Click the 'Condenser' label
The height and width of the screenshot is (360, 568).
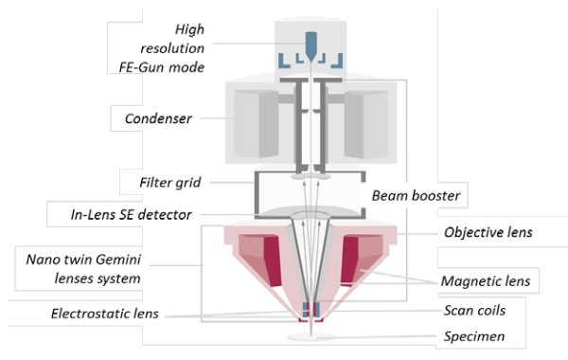pos(158,119)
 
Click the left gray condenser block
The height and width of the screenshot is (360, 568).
pos(255,123)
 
